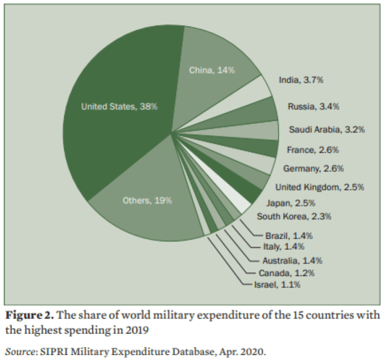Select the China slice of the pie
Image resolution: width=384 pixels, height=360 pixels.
pyautogui.click(x=213, y=71)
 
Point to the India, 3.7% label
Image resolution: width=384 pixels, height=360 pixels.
pyautogui.click(x=301, y=80)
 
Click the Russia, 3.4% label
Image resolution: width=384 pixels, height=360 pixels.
pyautogui.click(x=313, y=107)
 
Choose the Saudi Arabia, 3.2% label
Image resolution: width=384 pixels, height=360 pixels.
pyautogui.click(x=327, y=129)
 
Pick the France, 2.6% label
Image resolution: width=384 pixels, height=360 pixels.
pyautogui.click(x=313, y=150)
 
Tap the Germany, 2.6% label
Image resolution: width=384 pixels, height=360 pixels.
pyautogui.click(x=313, y=168)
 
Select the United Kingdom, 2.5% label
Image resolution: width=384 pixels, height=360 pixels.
pyautogui.click(x=320, y=187)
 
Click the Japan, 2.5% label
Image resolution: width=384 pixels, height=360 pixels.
pyautogui.click(x=291, y=203)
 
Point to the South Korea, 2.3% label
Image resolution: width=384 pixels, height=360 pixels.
pyautogui.click(x=294, y=216)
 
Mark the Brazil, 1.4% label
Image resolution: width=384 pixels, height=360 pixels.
pyautogui.click(x=289, y=236)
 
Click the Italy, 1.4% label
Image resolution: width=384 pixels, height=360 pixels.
pyautogui.click(x=283, y=247)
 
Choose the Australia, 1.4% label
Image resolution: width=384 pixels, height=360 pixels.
pyautogui.click(x=293, y=260)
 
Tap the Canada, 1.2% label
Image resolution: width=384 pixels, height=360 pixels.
pyautogui.click(x=287, y=273)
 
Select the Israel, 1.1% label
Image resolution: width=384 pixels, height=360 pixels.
pyautogui.click(x=277, y=285)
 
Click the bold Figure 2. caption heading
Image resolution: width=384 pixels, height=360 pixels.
pyautogui.click(x=29, y=315)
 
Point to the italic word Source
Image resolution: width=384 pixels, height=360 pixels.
pyautogui.click(x=20, y=351)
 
